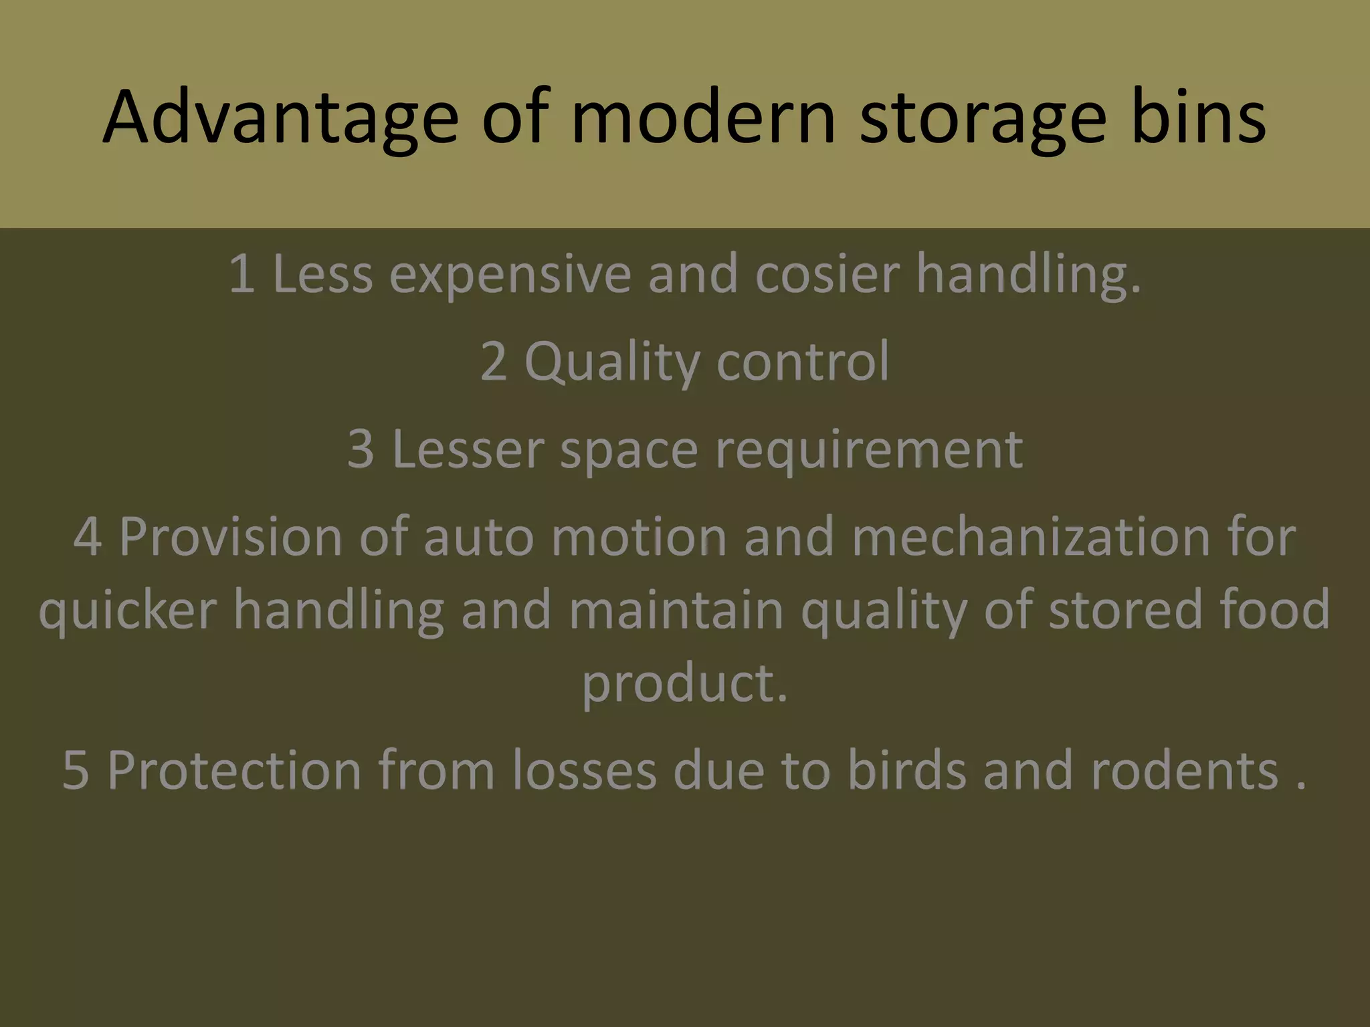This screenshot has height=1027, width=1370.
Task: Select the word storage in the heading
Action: pyautogui.click(x=982, y=118)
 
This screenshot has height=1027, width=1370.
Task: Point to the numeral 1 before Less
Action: pyautogui.click(x=242, y=274)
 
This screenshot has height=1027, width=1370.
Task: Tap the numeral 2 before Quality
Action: pyautogui.click(x=494, y=362)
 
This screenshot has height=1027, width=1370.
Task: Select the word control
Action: pyautogui.click(x=803, y=362)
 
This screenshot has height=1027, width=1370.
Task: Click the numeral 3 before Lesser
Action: pyautogui.click(x=361, y=449)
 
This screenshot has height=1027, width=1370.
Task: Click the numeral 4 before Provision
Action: pyautogui.click(x=87, y=537)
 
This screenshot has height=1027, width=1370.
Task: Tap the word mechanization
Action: pyautogui.click(x=1030, y=537)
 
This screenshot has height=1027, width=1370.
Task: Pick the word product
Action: pyautogui.click(x=684, y=685)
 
